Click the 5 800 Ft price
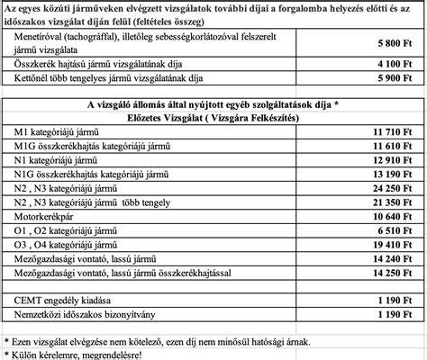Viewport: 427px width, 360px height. tap(390, 42)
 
